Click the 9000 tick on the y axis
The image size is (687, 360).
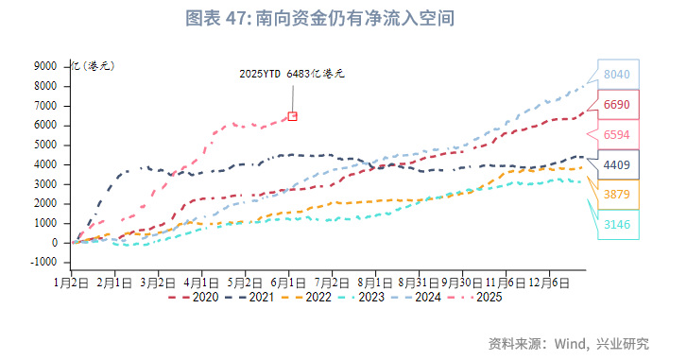(43, 66)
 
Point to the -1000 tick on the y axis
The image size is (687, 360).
(42, 263)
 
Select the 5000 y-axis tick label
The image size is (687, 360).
(43, 145)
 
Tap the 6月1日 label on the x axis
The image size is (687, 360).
(289, 282)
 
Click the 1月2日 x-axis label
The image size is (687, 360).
(72, 282)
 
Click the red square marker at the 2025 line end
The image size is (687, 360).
(292, 115)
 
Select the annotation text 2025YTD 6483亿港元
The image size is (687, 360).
(292, 73)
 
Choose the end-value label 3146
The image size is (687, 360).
(616, 224)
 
